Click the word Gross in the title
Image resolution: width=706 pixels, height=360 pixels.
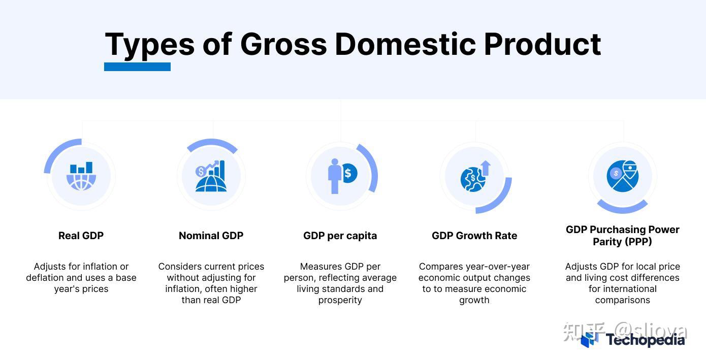(283, 44)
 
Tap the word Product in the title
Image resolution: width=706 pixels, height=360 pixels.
(542, 44)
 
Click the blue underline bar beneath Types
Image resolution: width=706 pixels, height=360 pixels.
(137, 67)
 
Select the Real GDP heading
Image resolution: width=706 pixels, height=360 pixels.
(81, 236)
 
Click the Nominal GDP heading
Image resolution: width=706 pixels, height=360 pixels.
(211, 236)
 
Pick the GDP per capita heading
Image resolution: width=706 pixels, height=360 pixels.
(340, 236)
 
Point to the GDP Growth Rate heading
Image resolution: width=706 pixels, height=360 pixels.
(474, 236)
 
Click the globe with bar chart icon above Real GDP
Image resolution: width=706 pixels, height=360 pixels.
(81, 176)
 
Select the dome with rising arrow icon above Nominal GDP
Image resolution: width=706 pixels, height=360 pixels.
(211, 176)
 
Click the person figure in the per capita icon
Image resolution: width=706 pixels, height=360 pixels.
(334, 176)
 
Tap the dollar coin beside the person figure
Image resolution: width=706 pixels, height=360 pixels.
(348, 173)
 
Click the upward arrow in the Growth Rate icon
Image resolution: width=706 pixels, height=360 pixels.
(486, 168)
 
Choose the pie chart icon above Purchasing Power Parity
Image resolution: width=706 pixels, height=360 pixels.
(622, 176)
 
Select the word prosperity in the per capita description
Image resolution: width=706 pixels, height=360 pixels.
(340, 300)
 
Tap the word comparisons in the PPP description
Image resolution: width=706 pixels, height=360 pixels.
(622, 300)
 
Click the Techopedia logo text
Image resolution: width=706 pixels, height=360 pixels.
(645, 340)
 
